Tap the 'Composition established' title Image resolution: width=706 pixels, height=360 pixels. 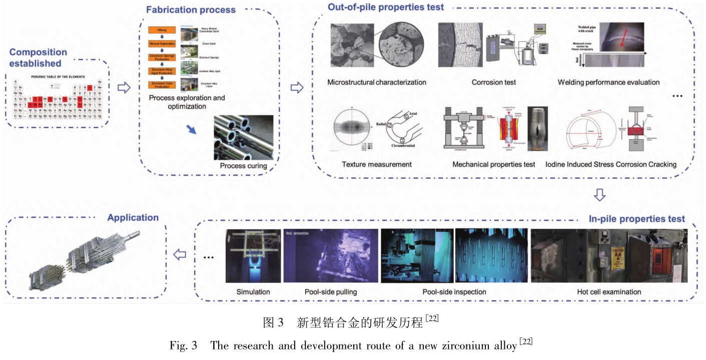[x=38, y=58]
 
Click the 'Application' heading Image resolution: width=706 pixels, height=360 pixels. [x=133, y=217]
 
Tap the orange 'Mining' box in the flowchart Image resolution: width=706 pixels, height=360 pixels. [x=162, y=31]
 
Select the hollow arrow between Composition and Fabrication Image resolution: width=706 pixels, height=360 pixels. [x=123, y=88]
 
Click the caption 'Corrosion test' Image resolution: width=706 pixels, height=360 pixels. [x=493, y=82]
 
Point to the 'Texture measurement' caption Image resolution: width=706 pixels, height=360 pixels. [x=377, y=164]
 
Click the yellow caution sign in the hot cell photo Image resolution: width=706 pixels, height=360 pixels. [x=617, y=258]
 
